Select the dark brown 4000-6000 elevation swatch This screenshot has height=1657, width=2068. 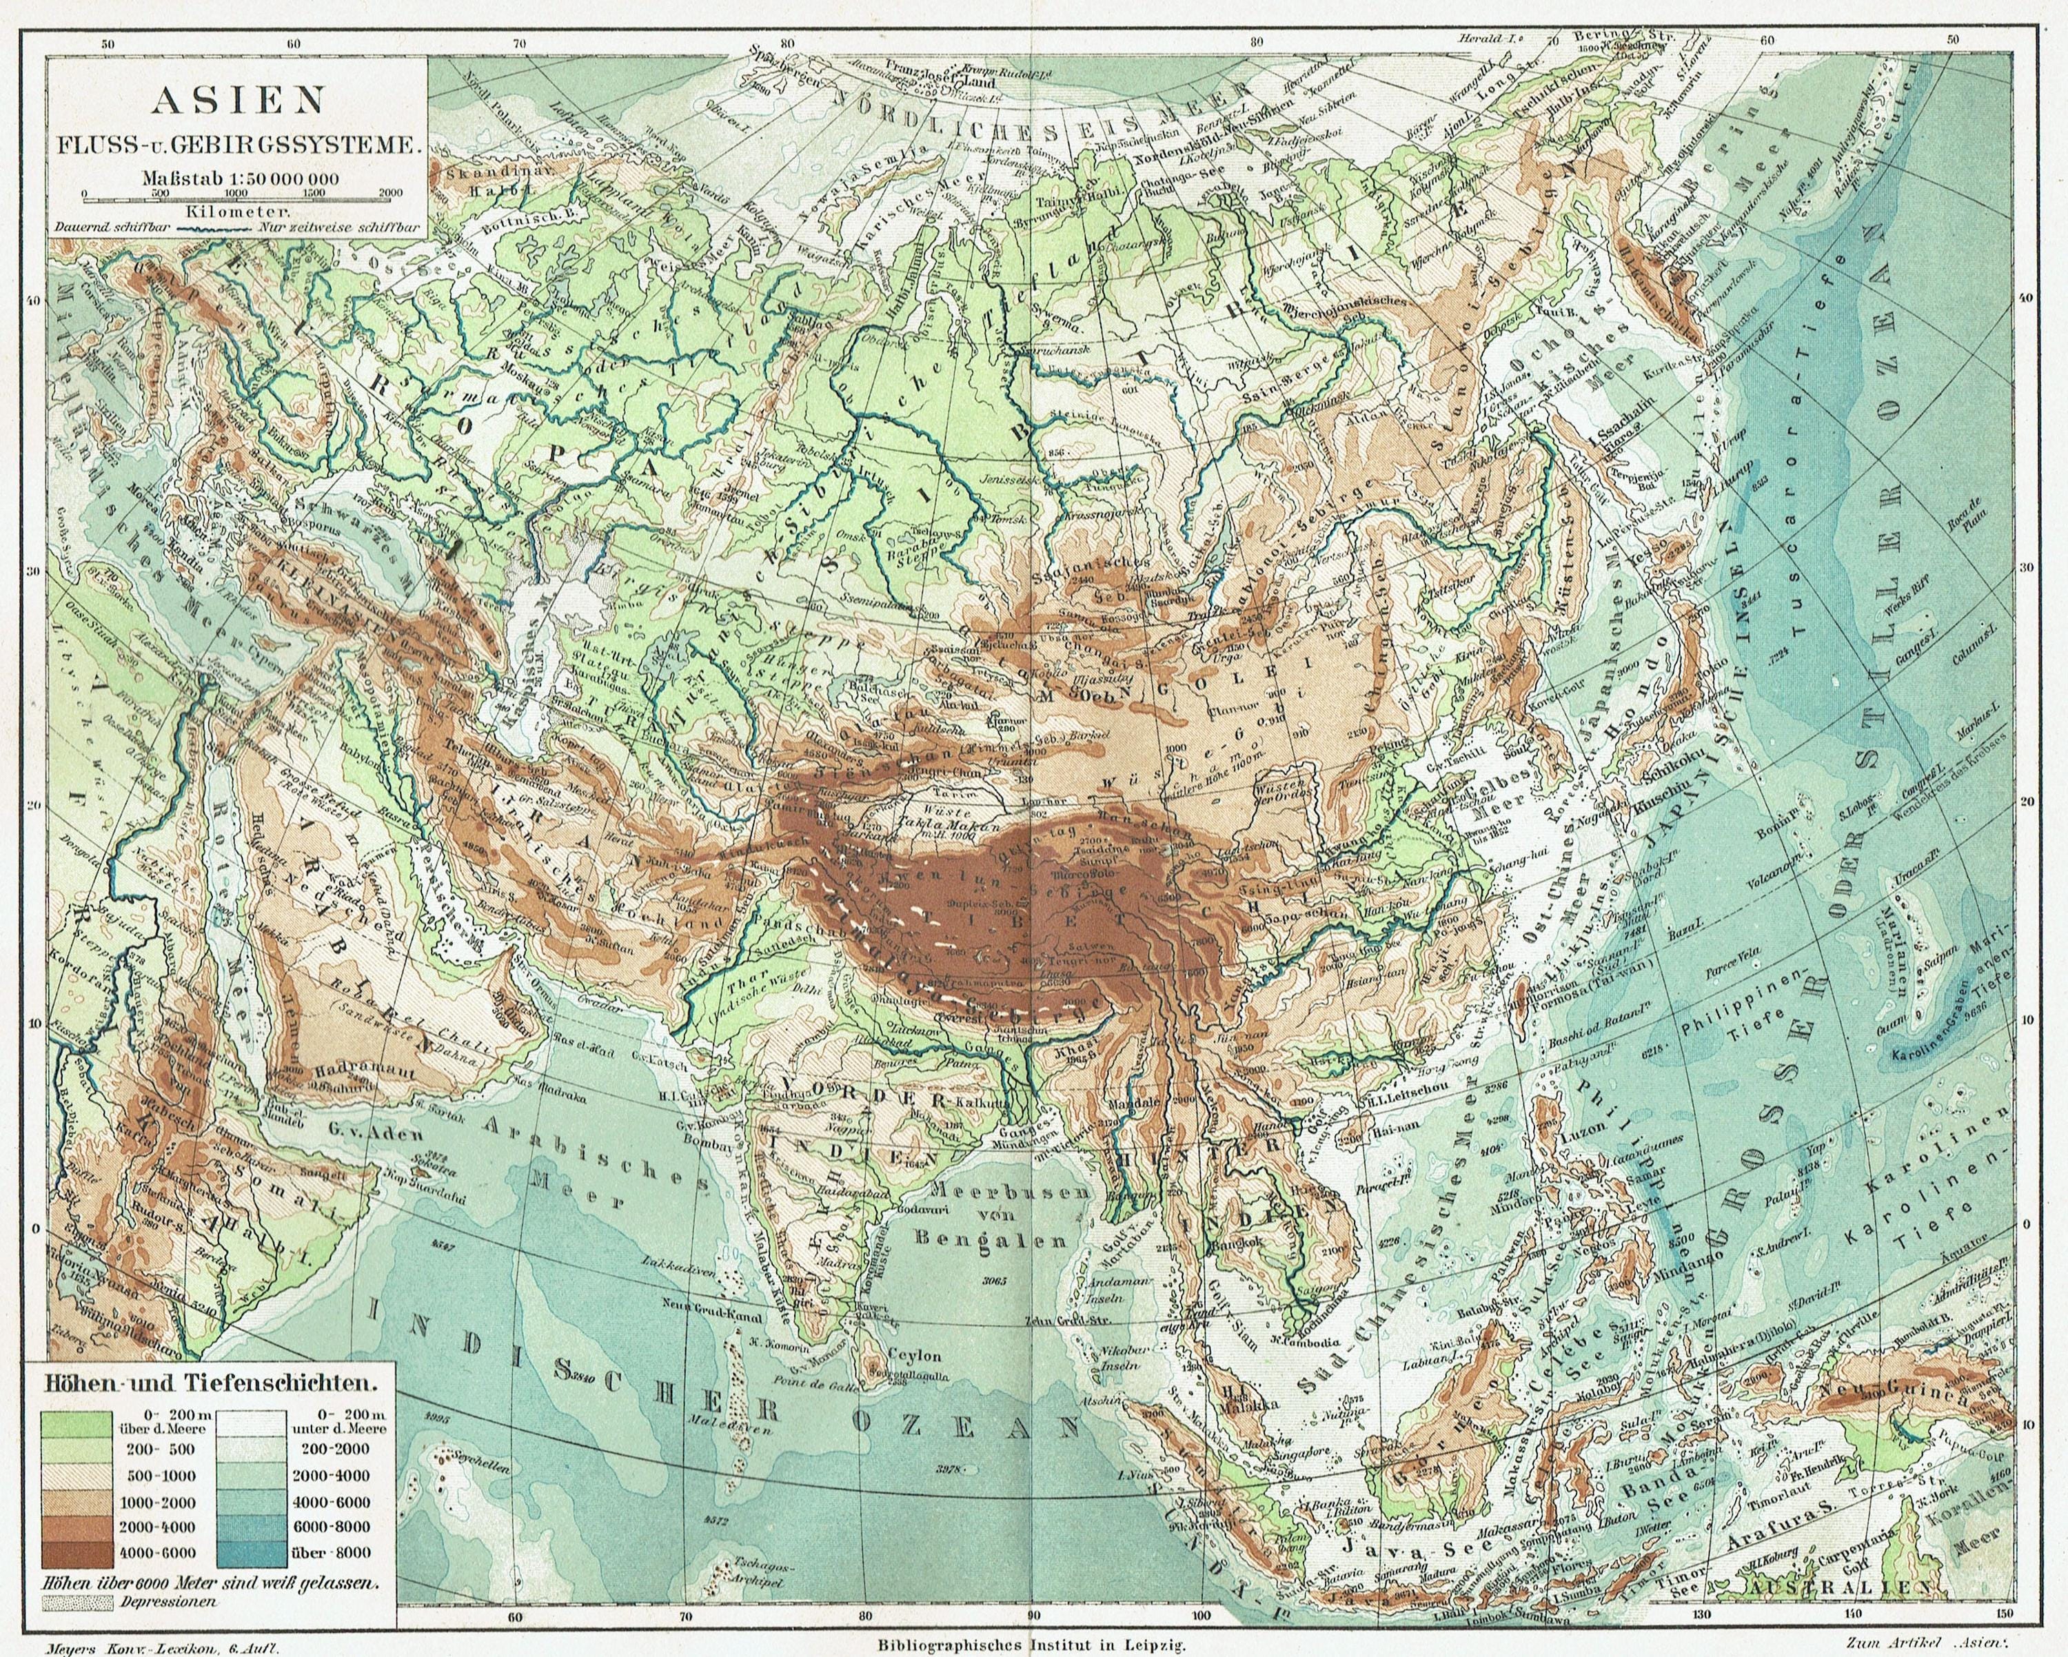click(x=79, y=1552)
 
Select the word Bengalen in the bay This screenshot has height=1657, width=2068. click(x=990, y=1238)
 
